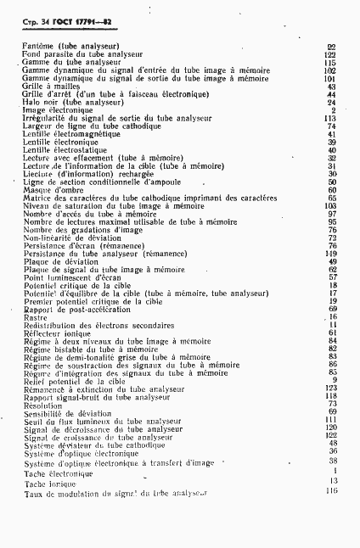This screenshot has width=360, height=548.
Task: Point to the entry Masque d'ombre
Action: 53,190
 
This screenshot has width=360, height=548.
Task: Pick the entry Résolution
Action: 42,404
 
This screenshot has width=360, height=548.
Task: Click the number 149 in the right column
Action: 331,253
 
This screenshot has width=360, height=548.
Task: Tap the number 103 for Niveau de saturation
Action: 331,205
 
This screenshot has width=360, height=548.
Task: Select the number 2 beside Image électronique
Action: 335,109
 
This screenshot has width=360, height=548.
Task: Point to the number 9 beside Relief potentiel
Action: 335,380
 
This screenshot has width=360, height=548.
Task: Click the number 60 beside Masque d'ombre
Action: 333,190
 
